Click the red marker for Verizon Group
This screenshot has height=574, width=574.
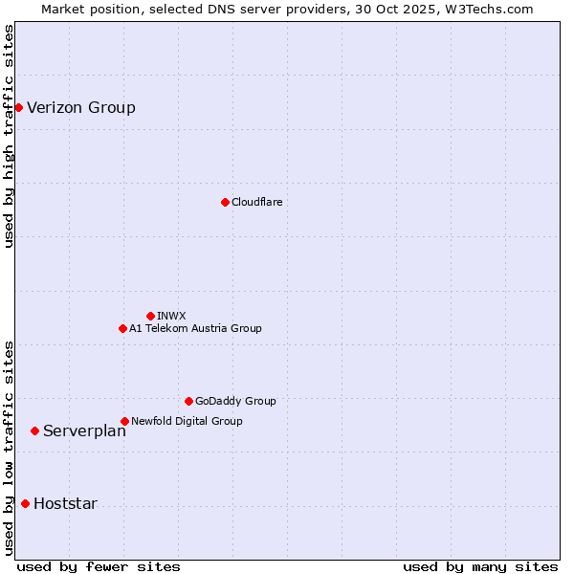tap(18, 107)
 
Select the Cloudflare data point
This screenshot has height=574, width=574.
tap(225, 202)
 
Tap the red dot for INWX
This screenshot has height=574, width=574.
tap(150, 316)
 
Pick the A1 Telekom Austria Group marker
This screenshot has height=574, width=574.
tap(122, 328)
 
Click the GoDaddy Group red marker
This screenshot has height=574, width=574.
tap(188, 401)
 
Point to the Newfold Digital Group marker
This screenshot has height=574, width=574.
tap(124, 421)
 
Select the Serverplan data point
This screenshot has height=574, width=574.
tap(34, 430)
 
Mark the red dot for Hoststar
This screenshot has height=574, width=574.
tap(25, 503)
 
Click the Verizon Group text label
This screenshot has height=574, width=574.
tap(81, 107)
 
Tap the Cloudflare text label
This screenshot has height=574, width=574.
tap(256, 202)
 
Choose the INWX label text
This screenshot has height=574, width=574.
tap(171, 316)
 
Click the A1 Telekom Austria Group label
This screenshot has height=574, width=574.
tap(195, 328)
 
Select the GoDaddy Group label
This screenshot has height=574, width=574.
tap(235, 401)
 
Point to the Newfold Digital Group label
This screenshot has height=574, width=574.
tap(187, 421)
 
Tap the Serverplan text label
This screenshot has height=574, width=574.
tap(84, 430)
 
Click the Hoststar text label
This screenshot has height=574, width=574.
tap(65, 503)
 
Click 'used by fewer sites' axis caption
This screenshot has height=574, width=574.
tap(99, 566)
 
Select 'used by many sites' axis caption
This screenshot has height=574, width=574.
tap(480, 566)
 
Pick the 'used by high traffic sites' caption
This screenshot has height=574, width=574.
tap(9, 136)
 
